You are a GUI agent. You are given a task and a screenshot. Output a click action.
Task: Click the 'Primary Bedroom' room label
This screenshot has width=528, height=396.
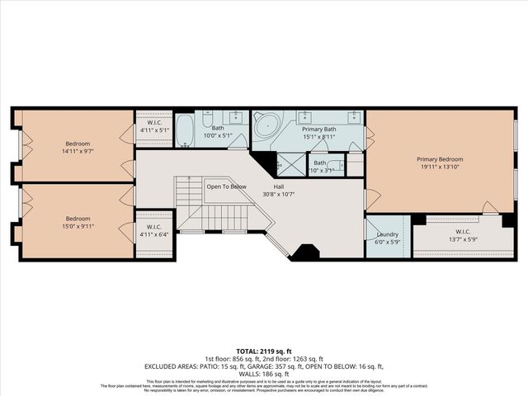(439, 159)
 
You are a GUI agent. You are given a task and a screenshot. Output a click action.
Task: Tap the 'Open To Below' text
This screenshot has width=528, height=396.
(226, 186)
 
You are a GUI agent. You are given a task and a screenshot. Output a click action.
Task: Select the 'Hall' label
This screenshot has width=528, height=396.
(280, 186)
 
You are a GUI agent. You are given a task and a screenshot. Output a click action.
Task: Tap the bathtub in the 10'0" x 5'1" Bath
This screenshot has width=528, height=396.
(185, 130)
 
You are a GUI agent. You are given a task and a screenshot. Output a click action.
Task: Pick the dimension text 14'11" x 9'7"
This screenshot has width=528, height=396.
(78, 151)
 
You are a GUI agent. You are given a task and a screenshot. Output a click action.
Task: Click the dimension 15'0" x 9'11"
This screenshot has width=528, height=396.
(78, 227)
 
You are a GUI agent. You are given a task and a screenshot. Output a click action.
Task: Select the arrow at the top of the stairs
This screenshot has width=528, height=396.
(191, 178)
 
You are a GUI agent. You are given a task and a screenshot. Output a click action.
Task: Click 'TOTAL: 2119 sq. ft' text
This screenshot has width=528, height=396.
(263, 350)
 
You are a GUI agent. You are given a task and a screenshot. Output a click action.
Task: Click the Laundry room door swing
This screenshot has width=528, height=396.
(371, 226)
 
